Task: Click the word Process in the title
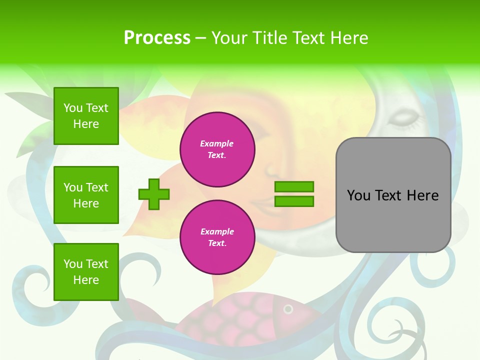157,37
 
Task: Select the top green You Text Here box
86,116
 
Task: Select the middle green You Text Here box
86,195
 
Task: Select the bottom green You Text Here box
86,272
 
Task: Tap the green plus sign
154,194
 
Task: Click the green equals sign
294,194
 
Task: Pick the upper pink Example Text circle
217,149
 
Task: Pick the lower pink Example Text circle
217,237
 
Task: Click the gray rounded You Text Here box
393,195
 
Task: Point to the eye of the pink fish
288,309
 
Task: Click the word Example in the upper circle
216,143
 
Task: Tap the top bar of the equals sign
294,186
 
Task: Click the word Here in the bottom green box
86,280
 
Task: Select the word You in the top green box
73,108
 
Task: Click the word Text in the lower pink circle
216,243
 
